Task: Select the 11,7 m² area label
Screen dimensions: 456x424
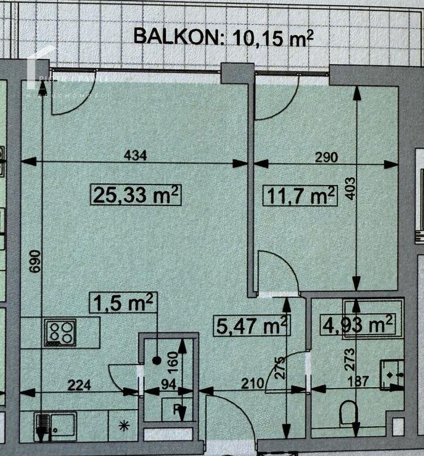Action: pyautogui.click(x=301, y=196)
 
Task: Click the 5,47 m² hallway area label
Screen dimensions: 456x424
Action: pyautogui.click(x=251, y=325)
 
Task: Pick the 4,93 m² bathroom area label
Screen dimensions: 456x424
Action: pyautogui.click(x=357, y=325)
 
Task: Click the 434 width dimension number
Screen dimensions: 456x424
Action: pyautogui.click(x=135, y=156)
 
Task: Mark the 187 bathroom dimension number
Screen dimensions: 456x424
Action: pyautogui.click(x=357, y=381)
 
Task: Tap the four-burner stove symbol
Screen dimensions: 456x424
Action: pyautogui.click(x=61, y=332)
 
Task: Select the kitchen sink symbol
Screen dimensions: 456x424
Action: pyautogui.click(x=55, y=423)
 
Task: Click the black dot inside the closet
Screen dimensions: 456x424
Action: pyautogui.click(x=157, y=360)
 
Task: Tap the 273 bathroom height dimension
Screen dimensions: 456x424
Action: pyautogui.click(x=348, y=357)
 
